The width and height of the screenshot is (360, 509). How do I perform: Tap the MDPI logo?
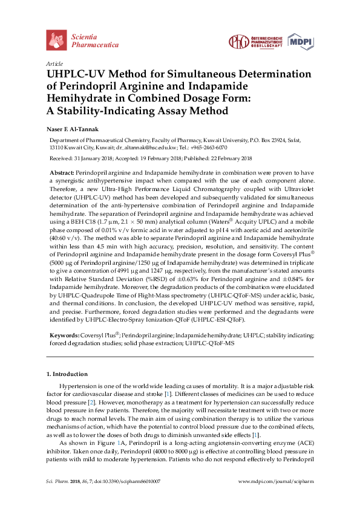[x=302, y=41]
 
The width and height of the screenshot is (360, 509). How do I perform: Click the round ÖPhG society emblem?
[x=237, y=41]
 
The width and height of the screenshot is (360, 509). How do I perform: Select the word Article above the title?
[x=54, y=63]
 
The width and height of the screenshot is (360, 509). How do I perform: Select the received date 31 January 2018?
[x=99, y=158]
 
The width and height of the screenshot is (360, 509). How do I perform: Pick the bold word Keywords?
[x=63, y=334]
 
